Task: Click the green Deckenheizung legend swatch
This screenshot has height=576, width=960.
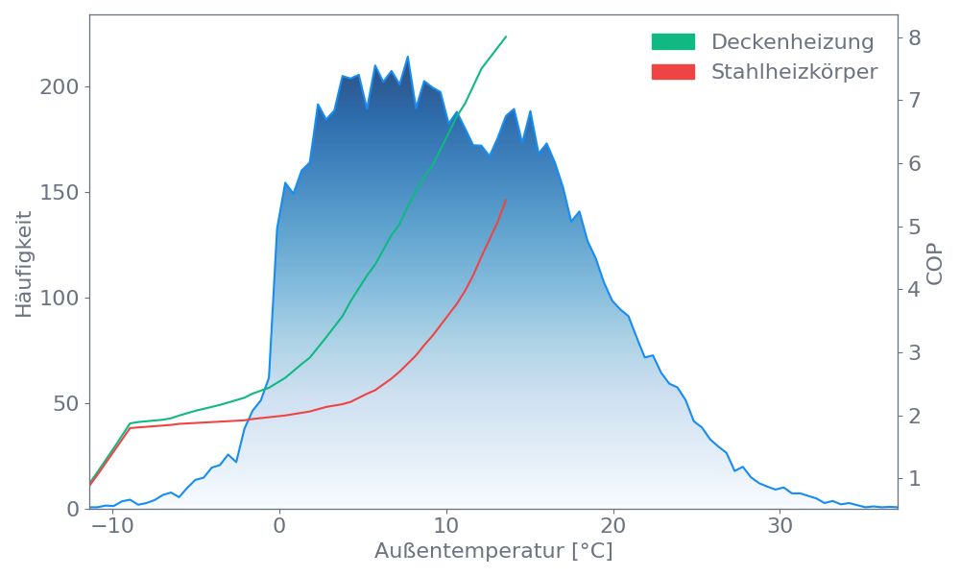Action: tap(673, 42)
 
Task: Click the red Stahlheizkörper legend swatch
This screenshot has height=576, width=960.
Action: tap(673, 72)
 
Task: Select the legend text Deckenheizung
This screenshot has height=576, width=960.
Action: tap(792, 42)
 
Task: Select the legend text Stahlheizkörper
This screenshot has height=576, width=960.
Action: tap(794, 72)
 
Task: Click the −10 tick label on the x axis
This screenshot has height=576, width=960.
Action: tap(111, 527)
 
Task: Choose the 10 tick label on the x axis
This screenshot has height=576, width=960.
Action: tap(446, 527)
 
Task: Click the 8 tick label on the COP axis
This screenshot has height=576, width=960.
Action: tap(915, 37)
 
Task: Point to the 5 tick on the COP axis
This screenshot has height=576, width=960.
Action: tap(915, 227)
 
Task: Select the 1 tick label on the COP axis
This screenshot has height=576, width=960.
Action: tap(915, 478)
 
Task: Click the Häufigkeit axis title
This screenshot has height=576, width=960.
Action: tap(24, 262)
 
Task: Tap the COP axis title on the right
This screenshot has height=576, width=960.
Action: tap(936, 262)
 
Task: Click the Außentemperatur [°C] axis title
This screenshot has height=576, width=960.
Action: tap(493, 552)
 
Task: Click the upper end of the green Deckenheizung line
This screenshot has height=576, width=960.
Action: tap(506, 36)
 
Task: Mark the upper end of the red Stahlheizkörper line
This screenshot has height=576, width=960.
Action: tap(505, 201)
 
